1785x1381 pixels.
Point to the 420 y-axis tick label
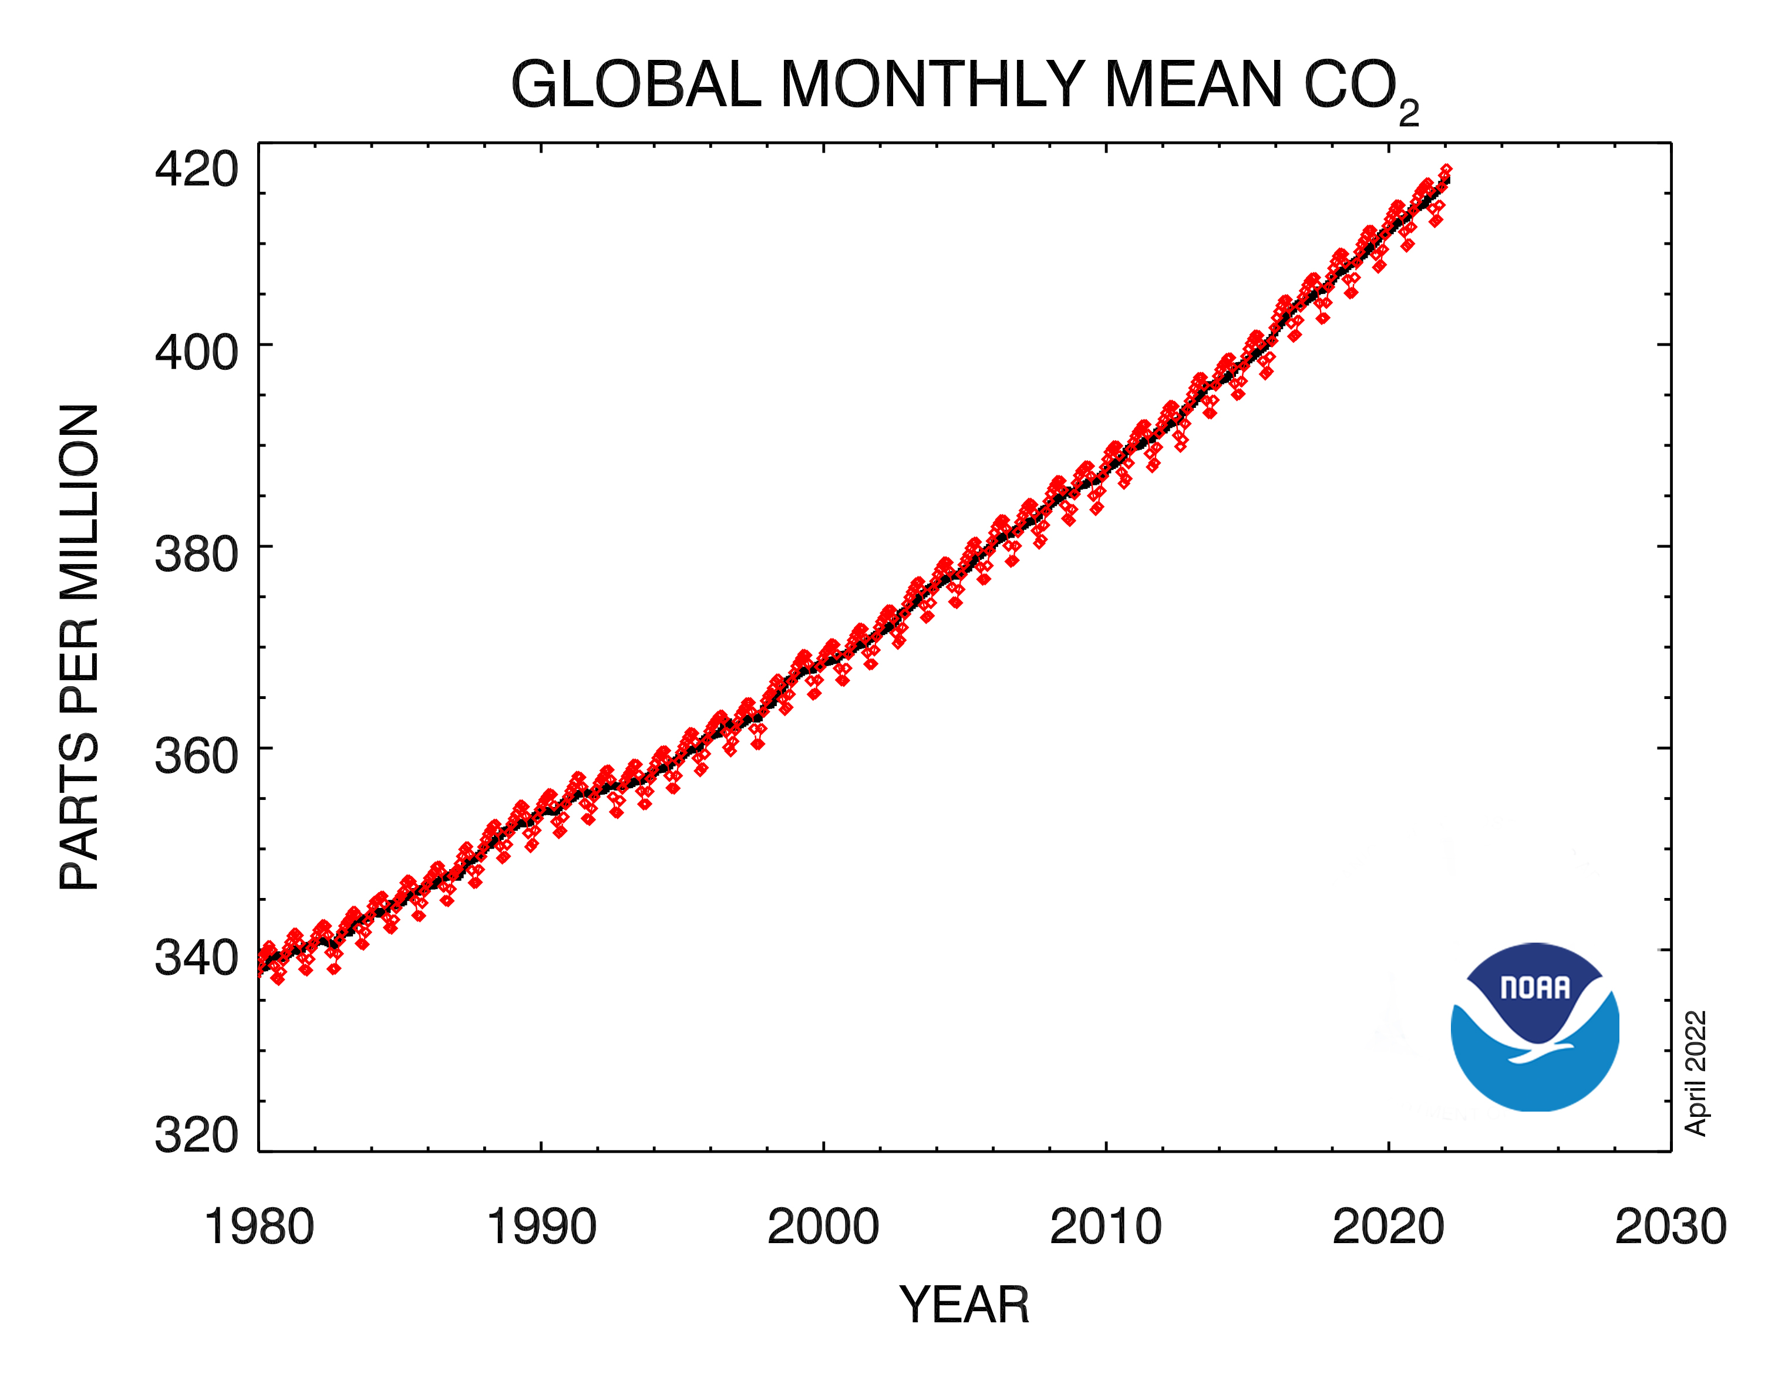[196, 170]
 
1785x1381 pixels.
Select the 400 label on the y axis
[196, 353]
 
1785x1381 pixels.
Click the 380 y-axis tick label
[196, 555]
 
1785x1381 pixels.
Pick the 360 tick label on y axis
[196, 756]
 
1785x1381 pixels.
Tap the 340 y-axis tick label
[196, 958]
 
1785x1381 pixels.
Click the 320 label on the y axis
[196, 1134]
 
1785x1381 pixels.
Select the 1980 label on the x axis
[259, 1227]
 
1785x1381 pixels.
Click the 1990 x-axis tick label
[541, 1227]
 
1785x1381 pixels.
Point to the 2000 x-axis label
[823, 1227]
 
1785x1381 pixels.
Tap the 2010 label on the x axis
[1106, 1227]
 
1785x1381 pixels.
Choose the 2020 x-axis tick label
[1388, 1227]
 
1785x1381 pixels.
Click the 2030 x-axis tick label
[1671, 1227]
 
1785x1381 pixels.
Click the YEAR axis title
[964, 1305]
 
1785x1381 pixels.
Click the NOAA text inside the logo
[1535, 988]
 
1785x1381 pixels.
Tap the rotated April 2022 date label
[1696, 1073]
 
